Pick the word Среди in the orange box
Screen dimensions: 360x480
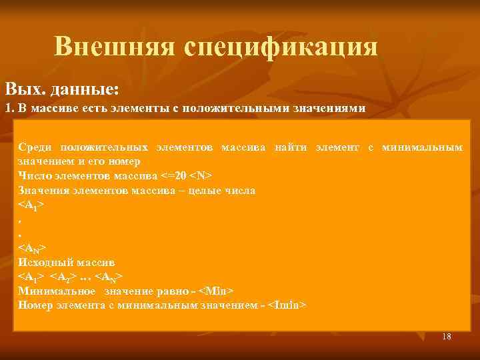pos(35,147)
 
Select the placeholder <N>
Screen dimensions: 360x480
pos(201,176)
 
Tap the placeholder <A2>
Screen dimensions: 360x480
pos(64,276)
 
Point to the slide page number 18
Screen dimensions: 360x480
pos(446,337)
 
